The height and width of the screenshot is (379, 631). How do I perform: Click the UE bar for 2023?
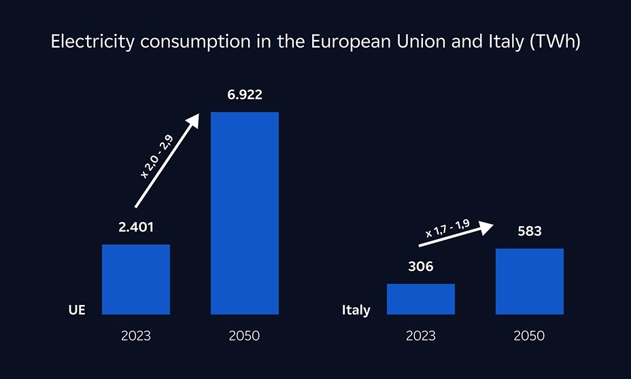click(x=135, y=279)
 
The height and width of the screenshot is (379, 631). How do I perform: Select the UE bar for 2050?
click(x=244, y=213)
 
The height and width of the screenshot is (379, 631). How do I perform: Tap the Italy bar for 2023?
click(x=420, y=299)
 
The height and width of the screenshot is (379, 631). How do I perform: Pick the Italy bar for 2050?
click(x=529, y=281)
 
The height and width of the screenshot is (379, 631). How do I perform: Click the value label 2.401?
click(x=136, y=228)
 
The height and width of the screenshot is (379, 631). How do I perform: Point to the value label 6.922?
click(x=245, y=95)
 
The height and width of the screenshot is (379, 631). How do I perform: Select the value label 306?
click(x=420, y=267)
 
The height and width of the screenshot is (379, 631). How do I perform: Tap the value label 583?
click(x=529, y=232)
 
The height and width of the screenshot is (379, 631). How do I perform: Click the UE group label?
click(x=77, y=310)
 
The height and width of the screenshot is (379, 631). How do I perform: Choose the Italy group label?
click(x=356, y=310)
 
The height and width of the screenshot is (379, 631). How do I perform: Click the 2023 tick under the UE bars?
click(x=135, y=336)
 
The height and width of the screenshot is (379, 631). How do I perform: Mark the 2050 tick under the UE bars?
click(x=244, y=336)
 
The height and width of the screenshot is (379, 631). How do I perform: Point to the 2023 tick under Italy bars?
click(x=420, y=336)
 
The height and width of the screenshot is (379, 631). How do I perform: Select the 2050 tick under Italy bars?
click(x=529, y=336)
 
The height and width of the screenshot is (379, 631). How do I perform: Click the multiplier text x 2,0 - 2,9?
click(x=156, y=157)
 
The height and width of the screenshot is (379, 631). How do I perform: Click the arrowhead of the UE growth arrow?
click(x=194, y=120)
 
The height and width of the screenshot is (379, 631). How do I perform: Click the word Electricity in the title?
click(x=84, y=42)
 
